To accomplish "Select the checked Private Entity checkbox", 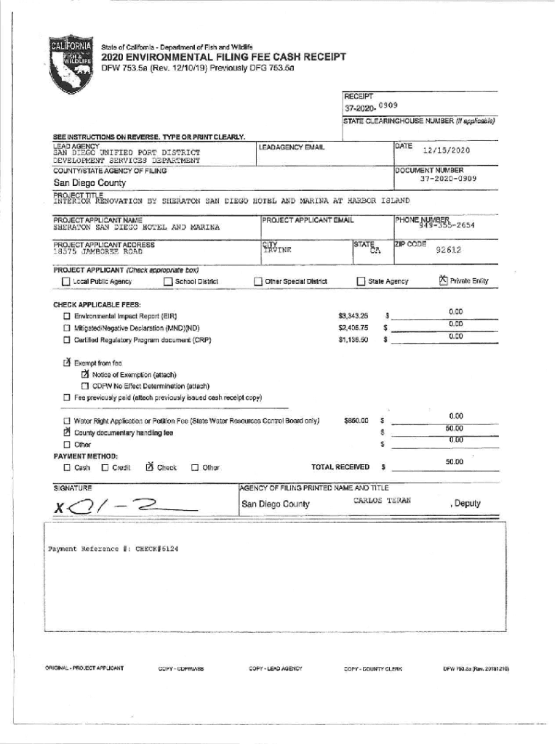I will coord(443,280).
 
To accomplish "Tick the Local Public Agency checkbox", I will coord(66,282).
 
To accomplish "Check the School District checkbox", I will coord(168,282).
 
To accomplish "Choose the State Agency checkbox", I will coord(361,282).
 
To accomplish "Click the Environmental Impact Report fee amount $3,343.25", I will coord(353,316).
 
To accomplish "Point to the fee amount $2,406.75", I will coord(353,328).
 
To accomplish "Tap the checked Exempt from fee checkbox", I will coord(66,362).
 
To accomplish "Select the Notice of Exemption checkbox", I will coord(85,374).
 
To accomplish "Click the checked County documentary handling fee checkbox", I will coord(66,432).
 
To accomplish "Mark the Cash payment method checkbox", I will coord(67,468).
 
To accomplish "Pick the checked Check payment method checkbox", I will coord(149,467).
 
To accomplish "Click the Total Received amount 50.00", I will coord(455,461).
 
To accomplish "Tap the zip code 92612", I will coord(448,250).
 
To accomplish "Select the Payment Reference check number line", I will coord(113,549).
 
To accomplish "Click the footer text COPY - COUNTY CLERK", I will coord(373,668).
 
